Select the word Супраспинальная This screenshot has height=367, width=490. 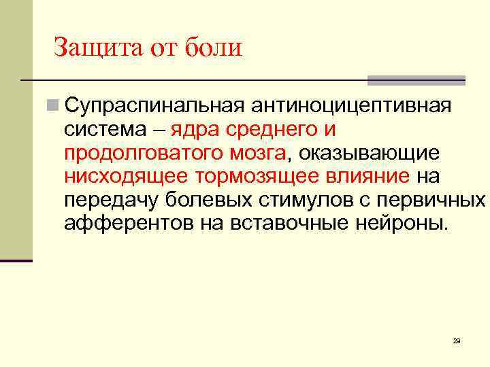[154, 107]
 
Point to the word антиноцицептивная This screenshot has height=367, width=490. [352, 107]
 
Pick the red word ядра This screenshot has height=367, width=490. [194, 130]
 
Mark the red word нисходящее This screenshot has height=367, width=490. [127, 177]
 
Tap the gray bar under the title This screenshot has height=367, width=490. [416, 80]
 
